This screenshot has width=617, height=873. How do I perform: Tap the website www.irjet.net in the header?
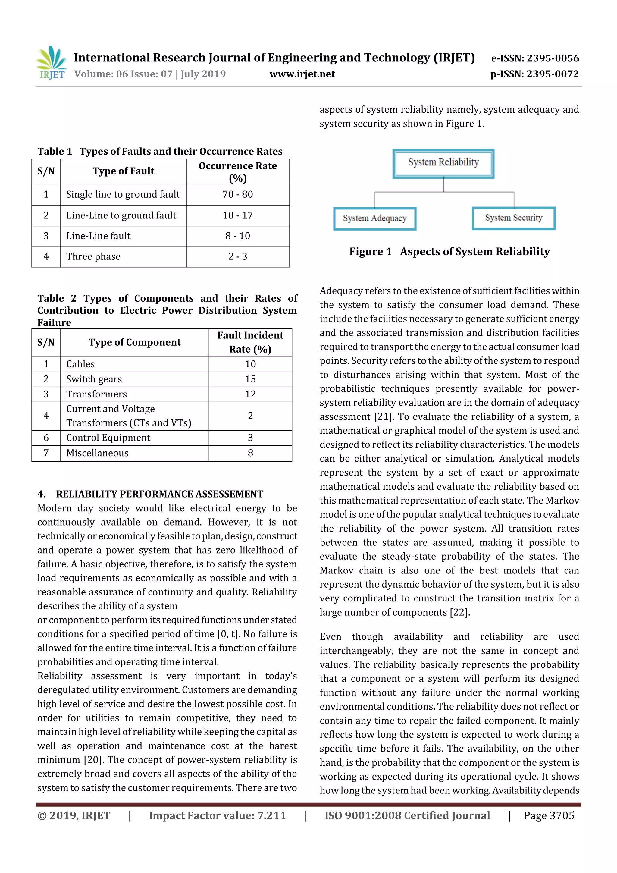(302, 74)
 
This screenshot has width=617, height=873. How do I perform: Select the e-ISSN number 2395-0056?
(535, 58)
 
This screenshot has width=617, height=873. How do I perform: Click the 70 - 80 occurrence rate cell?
(238, 194)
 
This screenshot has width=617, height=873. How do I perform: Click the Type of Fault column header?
(123, 171)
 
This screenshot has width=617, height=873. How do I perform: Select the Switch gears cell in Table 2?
(94, 379)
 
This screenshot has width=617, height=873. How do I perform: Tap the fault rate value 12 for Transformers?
(250, 394)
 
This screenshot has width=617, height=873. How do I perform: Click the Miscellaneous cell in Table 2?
(97, 453)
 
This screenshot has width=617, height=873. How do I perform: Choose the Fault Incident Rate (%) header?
(250, 342)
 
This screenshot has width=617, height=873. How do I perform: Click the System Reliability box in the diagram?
(443, 163)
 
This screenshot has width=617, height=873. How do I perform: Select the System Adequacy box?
(374, 218)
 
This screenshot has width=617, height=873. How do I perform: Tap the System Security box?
(513, 218)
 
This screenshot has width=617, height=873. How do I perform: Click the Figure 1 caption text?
(449, 252)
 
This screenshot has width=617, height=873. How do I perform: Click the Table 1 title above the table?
(160, 151)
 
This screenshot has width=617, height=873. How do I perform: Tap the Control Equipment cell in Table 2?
(108, 438)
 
